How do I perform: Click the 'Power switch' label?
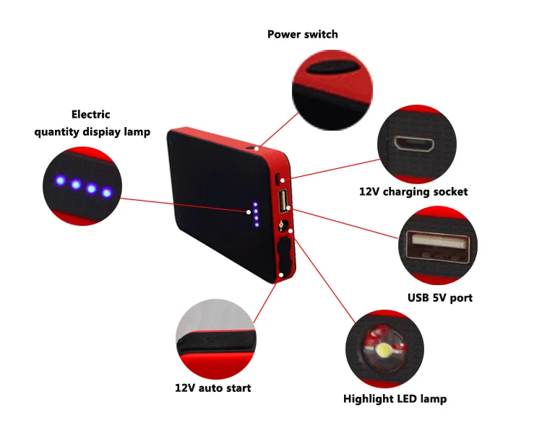click(x=302, y=34)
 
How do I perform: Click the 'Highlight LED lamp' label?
click(x=395, y=398)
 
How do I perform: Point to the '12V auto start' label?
click(x=213, y=388)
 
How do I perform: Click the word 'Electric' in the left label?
click(x=90, y=114)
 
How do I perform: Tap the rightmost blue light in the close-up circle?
click(x=107, y=192)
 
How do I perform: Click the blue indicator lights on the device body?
click(x=254, y=211)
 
